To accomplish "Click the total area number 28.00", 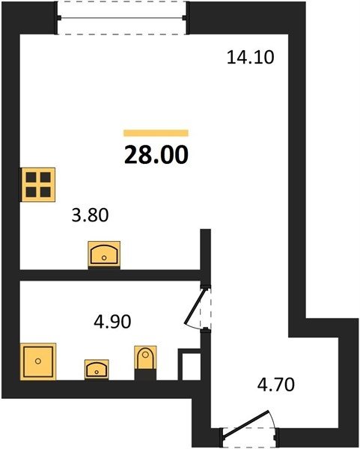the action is [156, 154].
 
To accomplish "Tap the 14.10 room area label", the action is [250, 57].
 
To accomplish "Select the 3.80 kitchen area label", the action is [90, 215].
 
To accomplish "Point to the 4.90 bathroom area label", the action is [112, 321].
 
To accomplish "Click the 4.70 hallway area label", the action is [275, 385].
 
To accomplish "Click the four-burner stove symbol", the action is [38, 185].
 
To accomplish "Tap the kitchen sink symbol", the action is [104, 254].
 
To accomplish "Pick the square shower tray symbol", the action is [38, 361].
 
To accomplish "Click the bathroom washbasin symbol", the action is [97, 370].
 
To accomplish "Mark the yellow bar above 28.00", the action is [156, 133].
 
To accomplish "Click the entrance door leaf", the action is [246, 425].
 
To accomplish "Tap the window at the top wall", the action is [122, 18].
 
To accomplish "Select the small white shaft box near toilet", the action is [189, 364].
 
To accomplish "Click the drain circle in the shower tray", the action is [38, 361].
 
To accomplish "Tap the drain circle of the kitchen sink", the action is [104, 257].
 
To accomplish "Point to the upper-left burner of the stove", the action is [31, 177].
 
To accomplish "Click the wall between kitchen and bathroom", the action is [110, 275].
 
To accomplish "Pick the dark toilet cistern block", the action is [145, 375].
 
